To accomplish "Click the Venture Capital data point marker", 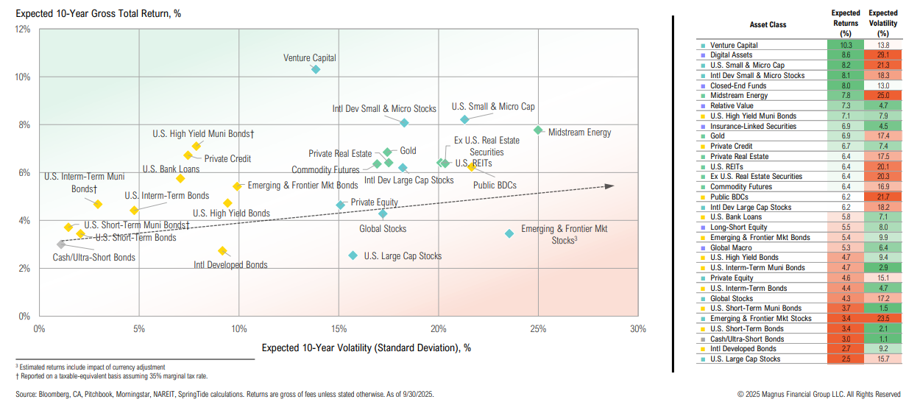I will tap(316, 69).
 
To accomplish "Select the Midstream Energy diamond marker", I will tap(538, 130).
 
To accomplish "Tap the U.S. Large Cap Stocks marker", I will tap(353, 255).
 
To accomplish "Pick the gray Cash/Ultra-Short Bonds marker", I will tap(61, 244).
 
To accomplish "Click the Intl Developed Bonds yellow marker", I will tap(222, 251).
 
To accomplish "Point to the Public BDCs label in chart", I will tap(495, 186).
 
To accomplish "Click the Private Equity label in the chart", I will tap(374, 202).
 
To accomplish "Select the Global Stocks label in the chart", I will tap(383, 229).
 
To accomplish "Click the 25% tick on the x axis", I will tap(538, 328).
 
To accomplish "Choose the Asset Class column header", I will tap(768, 24).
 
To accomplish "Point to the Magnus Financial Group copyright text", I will tap(818, 395).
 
